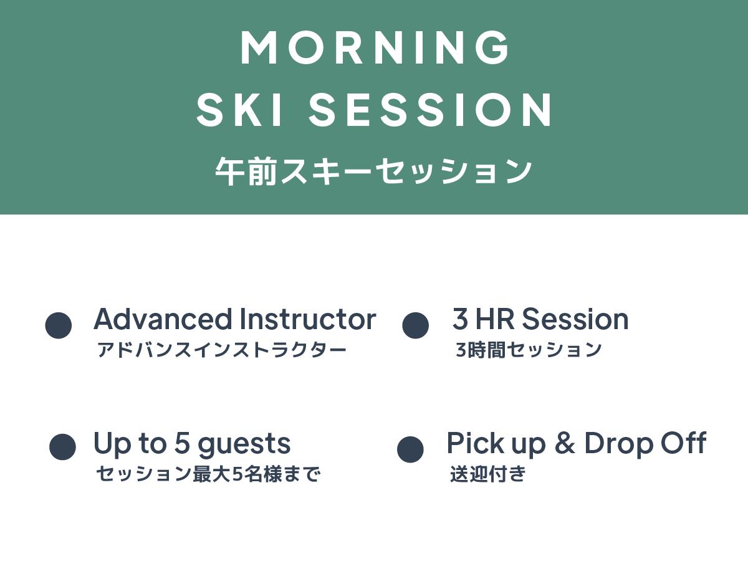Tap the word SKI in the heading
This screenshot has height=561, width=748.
tap(239, 110)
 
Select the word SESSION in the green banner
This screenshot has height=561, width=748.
tap(430, 110)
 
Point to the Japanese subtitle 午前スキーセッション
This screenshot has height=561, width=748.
tap(373, 171)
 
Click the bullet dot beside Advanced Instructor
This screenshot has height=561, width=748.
tap(58, 325)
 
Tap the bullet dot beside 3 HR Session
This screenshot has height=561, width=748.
tap(415, 325)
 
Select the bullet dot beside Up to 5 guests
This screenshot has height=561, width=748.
tap(62, 447)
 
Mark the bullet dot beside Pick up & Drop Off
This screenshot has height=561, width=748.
tap(410, 449)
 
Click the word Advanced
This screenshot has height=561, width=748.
tap(163, 319)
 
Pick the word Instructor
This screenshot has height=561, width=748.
tap(308, 319)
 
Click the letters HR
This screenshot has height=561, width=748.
tap(495, 319)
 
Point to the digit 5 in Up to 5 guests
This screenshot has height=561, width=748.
tap(182, 443)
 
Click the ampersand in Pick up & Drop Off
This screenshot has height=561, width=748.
tap(565, 443)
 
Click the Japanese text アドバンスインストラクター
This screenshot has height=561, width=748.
tap(222, 350)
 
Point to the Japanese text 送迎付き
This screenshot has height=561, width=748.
tap(488, 474)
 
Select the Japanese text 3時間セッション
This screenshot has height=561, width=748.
tap(529, 350)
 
